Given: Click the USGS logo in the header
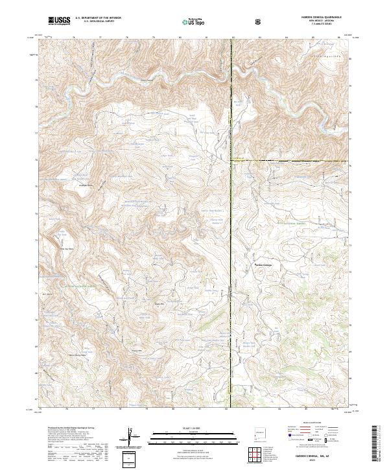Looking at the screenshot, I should click(59, 21).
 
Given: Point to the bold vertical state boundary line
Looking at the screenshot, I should click(232, 214).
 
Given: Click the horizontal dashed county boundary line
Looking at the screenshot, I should click(292, 160).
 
